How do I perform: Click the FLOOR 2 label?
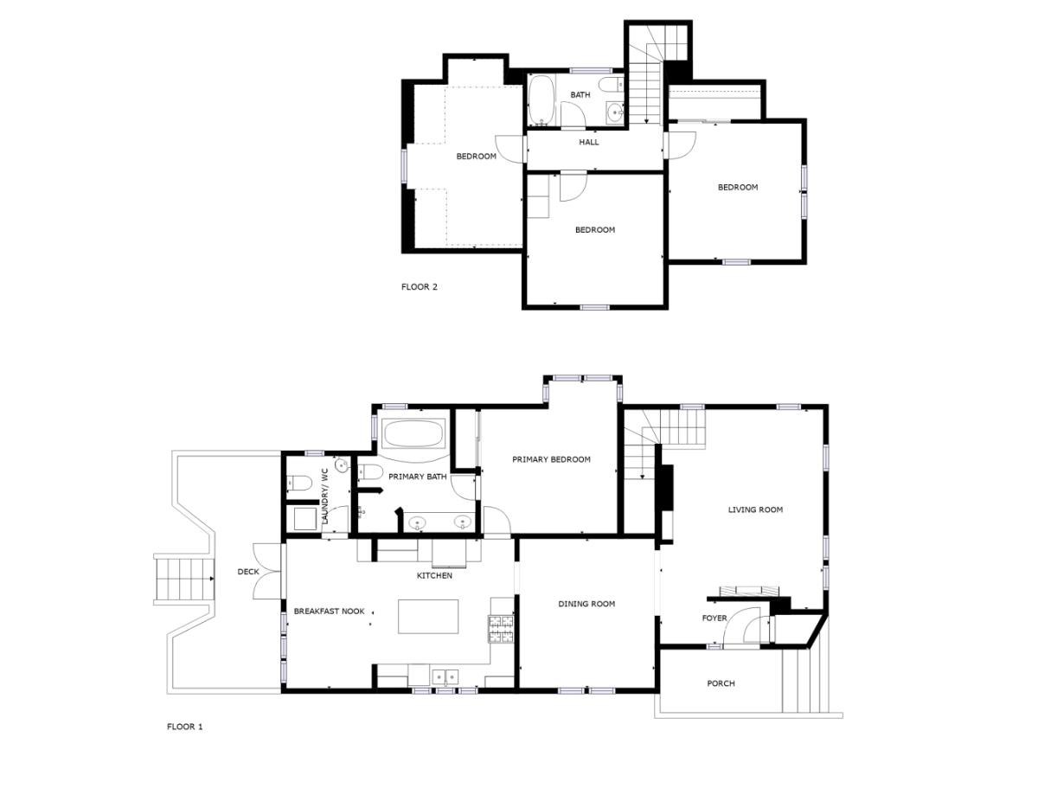coord(420,286)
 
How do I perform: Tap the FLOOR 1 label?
coord(184,727)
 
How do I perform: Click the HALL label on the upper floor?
coord(588,142)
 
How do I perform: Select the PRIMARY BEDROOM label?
coord(551,459)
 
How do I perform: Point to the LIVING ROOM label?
coord(755,509)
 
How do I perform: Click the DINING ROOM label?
coord(586,604)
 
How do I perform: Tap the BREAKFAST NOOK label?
coord(329,611)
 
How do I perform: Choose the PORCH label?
coord(721,683)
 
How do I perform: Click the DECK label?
coord(248,572)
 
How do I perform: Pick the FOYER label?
coord(714,618)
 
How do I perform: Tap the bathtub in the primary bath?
coord(413,434)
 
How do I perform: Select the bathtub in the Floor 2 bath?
coord(541,100)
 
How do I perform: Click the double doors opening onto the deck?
coord(269,570)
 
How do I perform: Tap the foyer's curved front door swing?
coord(741,626)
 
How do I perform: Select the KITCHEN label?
coord(434,575)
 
